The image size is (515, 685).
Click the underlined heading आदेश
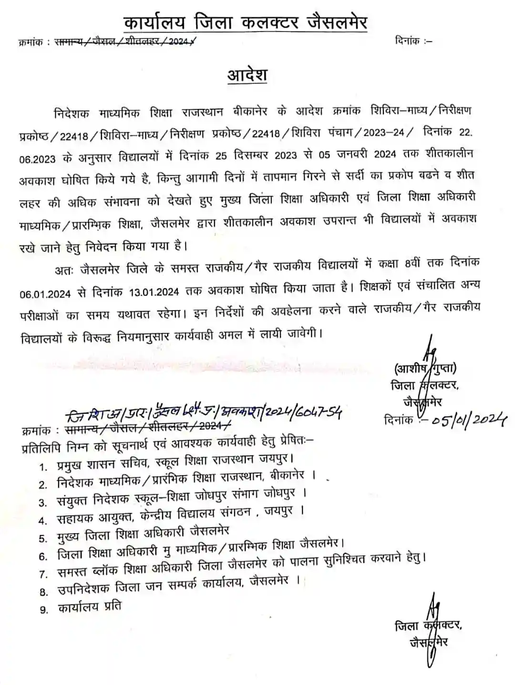pos(247,75)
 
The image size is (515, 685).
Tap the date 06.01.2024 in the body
pos(46,293)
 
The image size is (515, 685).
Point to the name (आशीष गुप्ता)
pos(425,369)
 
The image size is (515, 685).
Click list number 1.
pos(44,467)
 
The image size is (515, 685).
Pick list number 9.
pos(44,610)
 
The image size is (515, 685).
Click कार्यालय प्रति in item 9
pos(89,607)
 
